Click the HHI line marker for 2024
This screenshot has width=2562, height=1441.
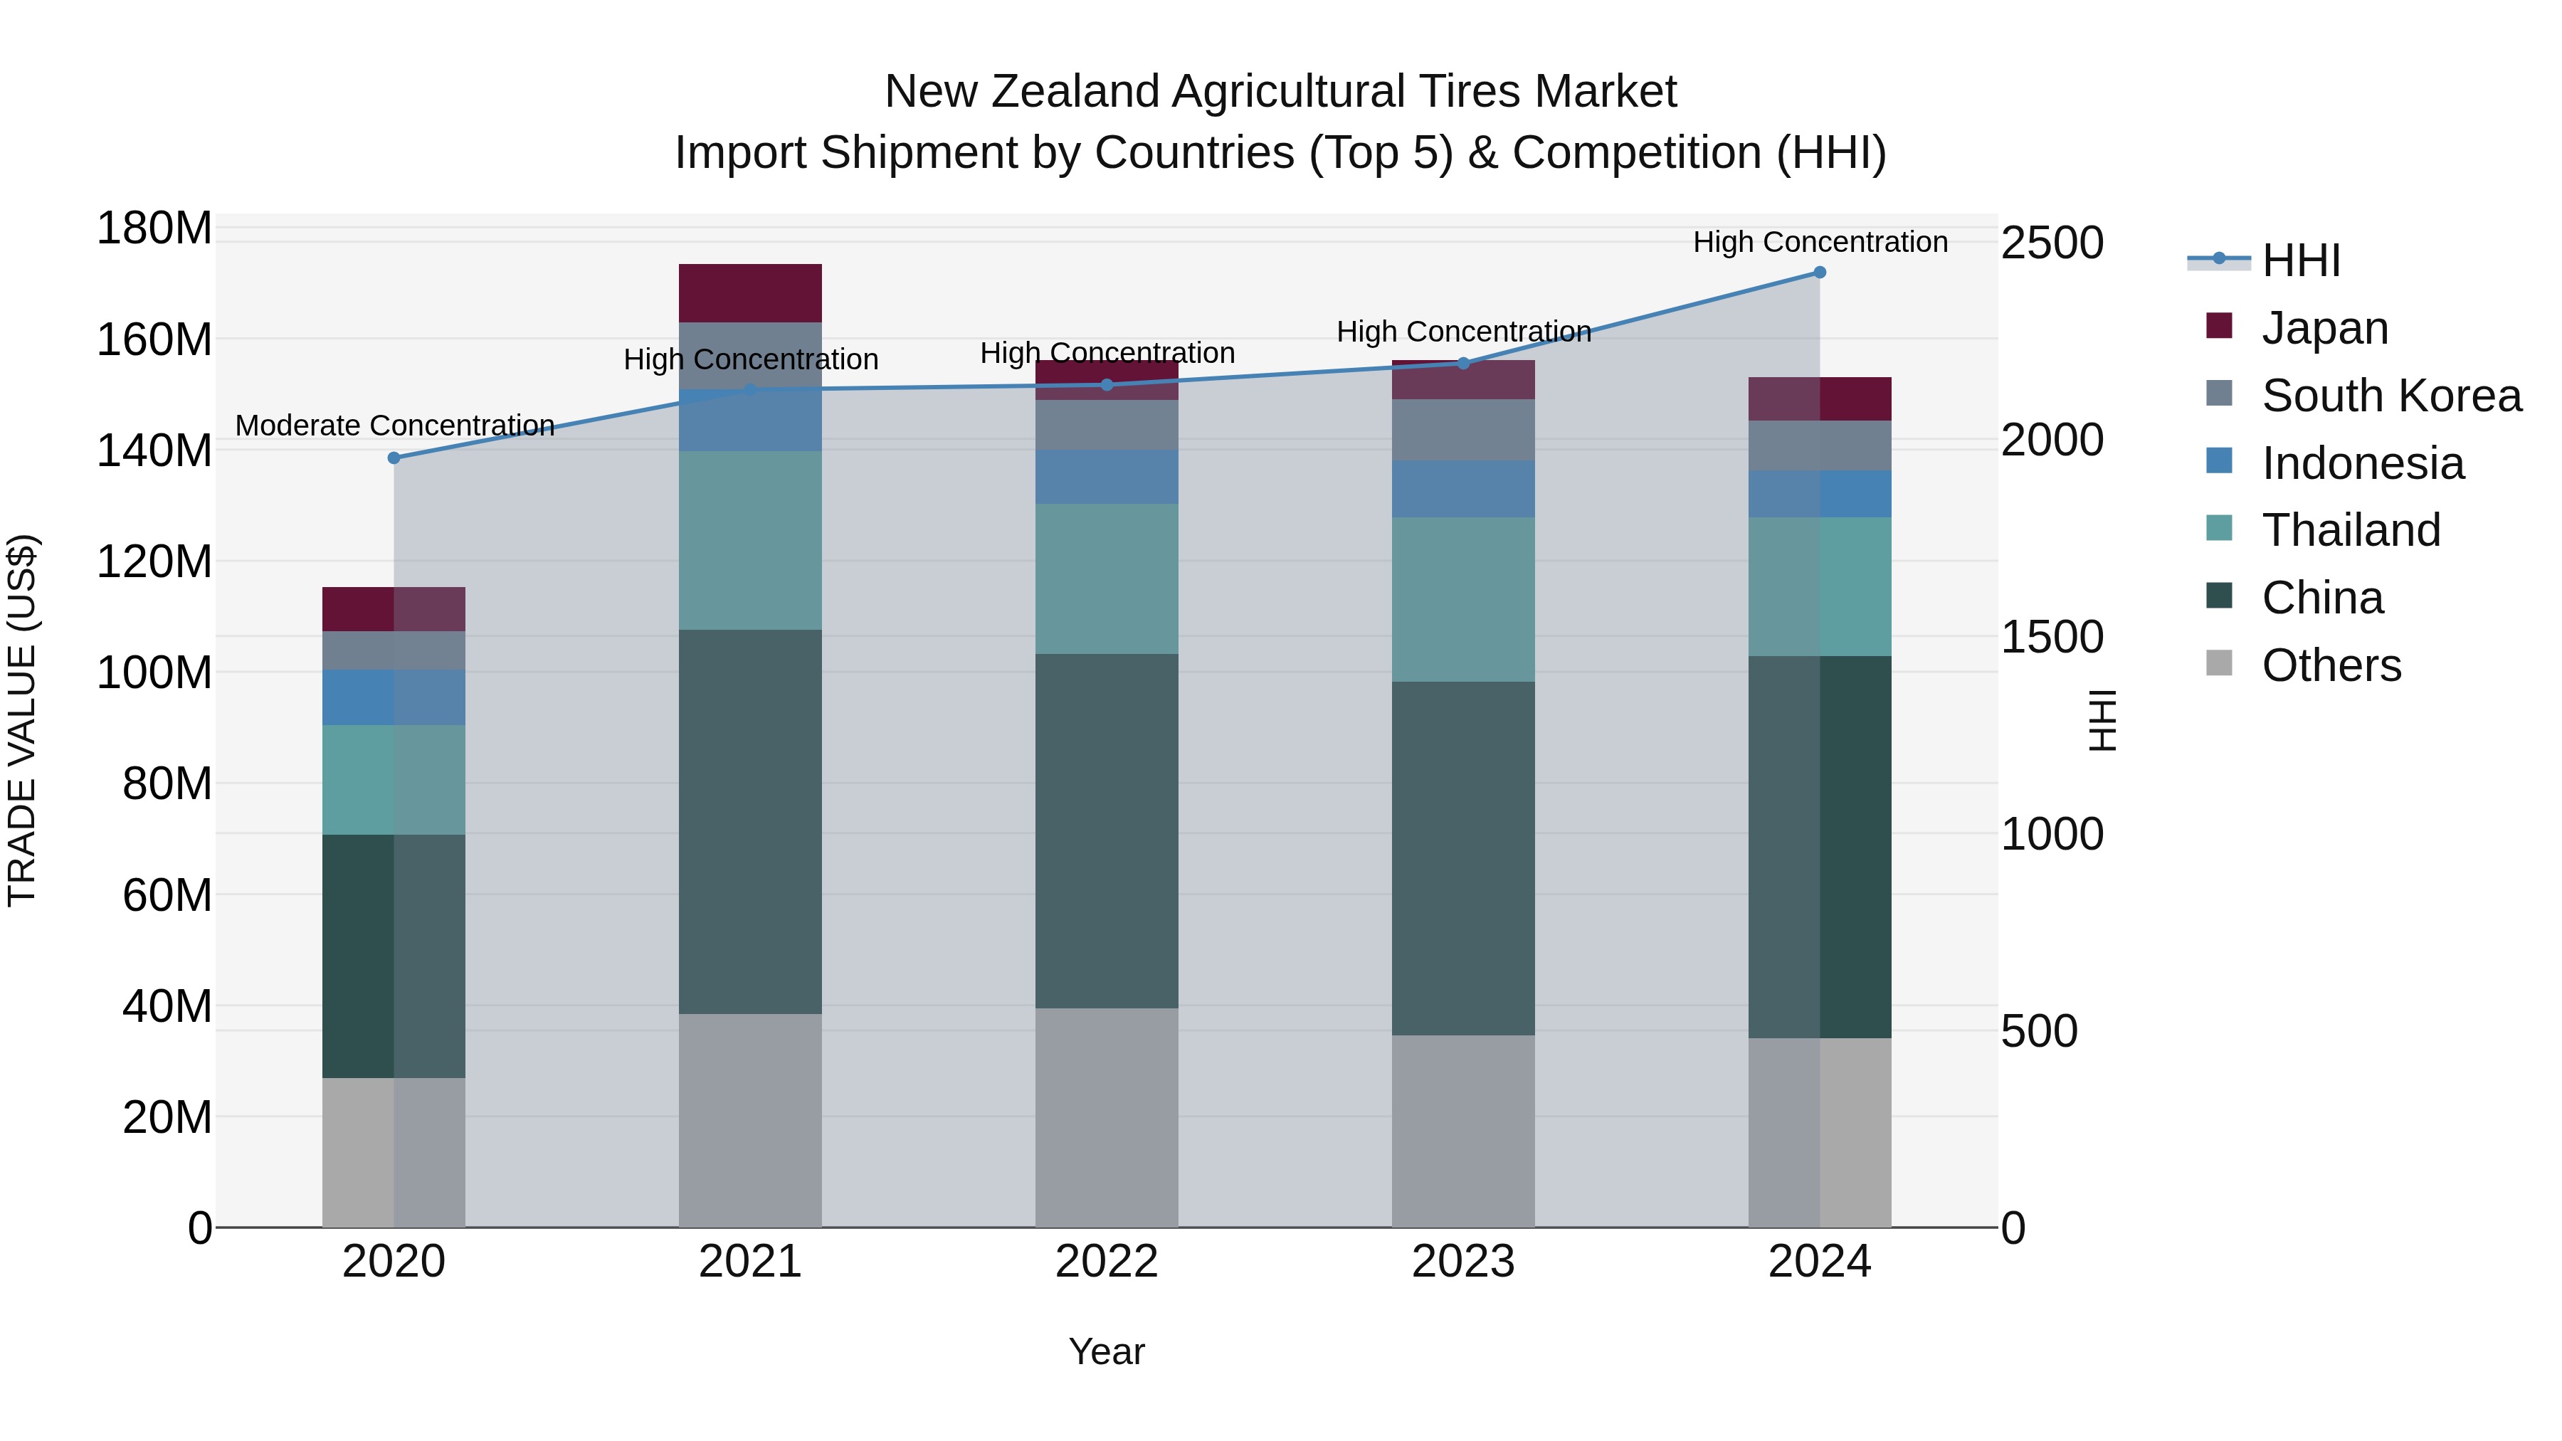[x=1819, y=273]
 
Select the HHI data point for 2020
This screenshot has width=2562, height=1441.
[x=394, y=458]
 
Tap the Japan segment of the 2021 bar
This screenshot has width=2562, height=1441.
[x=750, y=293]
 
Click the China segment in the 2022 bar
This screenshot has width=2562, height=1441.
[x=1106, y=830]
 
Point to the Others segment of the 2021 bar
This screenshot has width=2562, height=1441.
[x=750, y=1120]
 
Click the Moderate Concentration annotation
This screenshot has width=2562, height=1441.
[x=395, y=426]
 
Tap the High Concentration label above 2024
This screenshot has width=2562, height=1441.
[x=1820, y=243]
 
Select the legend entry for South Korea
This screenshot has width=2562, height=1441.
[x=2391, y=396]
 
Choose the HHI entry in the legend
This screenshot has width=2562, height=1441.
[x=2300, y=260]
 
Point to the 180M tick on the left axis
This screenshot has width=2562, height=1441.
[x=154, y=228]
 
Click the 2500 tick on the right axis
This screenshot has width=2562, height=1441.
[x=2052, y=243]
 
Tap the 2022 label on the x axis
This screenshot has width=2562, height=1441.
[x=1106, y=1262]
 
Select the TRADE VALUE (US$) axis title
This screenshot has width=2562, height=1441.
[x=22, y=720]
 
